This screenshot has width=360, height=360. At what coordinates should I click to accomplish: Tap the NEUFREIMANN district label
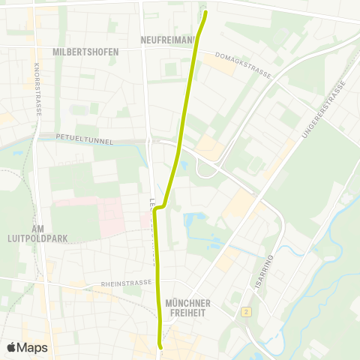pyautogui.click(x=166, y=39)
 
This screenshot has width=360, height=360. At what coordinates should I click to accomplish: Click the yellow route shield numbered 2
pyautogui.click(x=245, y=310)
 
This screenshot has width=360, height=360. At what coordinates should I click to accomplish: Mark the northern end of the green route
pyautogui.click(x=204, y=12)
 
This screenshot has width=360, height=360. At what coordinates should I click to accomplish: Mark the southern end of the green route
pyautogui.click(x=160, y=346)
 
